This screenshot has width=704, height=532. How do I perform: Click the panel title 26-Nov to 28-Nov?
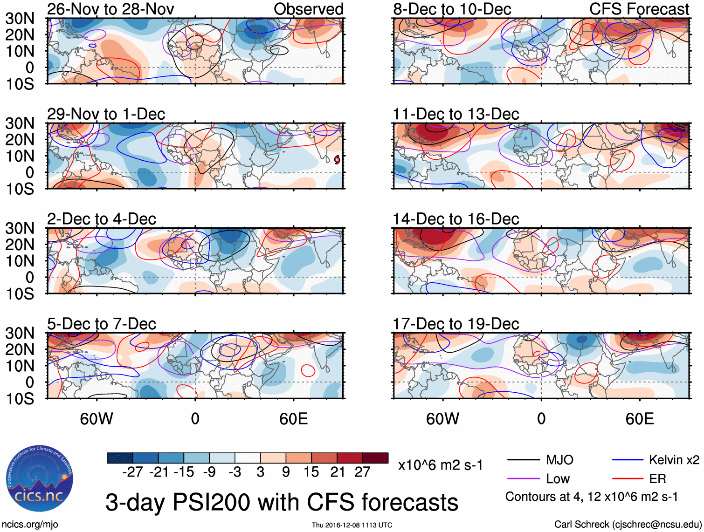(110, 9)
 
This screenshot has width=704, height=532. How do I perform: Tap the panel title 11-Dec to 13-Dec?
(456, 114)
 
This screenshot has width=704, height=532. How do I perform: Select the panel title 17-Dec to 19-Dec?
(456, 324)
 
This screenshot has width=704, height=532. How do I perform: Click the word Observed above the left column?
(308, 9)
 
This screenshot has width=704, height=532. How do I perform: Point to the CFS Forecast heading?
(639, 9)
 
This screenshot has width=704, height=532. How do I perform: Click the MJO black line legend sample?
(524, 460)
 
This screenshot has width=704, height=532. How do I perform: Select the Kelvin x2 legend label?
(674, 460)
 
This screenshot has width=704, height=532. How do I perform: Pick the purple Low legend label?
(558, 479)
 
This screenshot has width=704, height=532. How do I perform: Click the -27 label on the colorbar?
(132, 472)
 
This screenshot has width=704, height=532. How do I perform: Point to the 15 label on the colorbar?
(311, 472)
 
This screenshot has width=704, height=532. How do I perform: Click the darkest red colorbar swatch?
(375, 458)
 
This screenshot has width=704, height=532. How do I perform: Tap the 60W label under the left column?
(97, 419)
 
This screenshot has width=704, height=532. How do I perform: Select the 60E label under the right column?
(639, 419)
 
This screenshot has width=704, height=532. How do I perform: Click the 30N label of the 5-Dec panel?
(20, 333)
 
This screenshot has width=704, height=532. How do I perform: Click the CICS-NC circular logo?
(40, 479)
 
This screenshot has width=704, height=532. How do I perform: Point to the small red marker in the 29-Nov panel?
(337, 160)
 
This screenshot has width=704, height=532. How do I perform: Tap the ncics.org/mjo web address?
(30, 525)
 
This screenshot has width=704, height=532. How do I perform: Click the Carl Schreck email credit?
(628, 525)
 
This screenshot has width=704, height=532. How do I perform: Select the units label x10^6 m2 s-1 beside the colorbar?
(440, 465)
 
